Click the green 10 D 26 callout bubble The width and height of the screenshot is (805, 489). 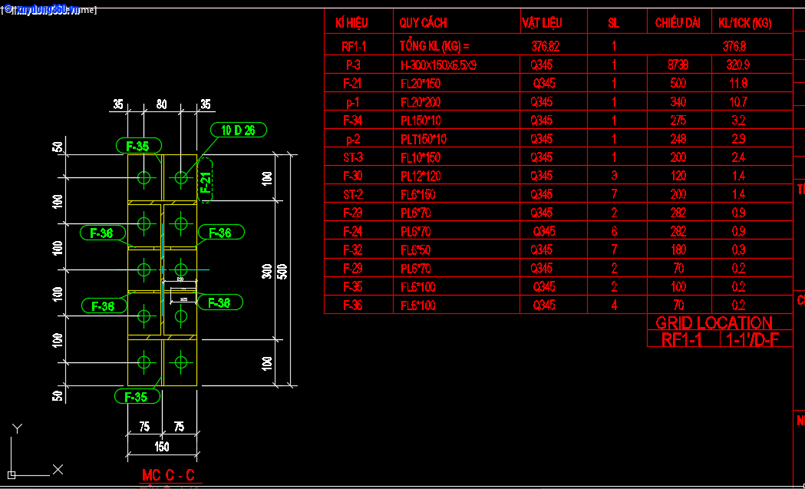point(239,130)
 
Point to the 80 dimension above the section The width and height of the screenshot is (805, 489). point(161,104)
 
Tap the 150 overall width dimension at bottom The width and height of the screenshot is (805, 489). point(162,447)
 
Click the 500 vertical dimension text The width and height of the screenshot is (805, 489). point(282,271)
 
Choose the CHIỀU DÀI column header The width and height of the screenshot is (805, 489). point(677,23)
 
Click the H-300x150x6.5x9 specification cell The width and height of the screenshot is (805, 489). point(438,65)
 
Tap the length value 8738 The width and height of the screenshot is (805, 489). point(678,65)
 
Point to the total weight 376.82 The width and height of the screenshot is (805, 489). point(545,47)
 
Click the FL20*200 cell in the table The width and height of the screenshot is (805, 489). point(421,102)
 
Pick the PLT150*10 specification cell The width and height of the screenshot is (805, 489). point(424,139)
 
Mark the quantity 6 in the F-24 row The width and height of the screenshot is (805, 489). point(614,231)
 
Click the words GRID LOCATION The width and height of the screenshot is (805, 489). point(714,323)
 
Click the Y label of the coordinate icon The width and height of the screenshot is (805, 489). point(18,428)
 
